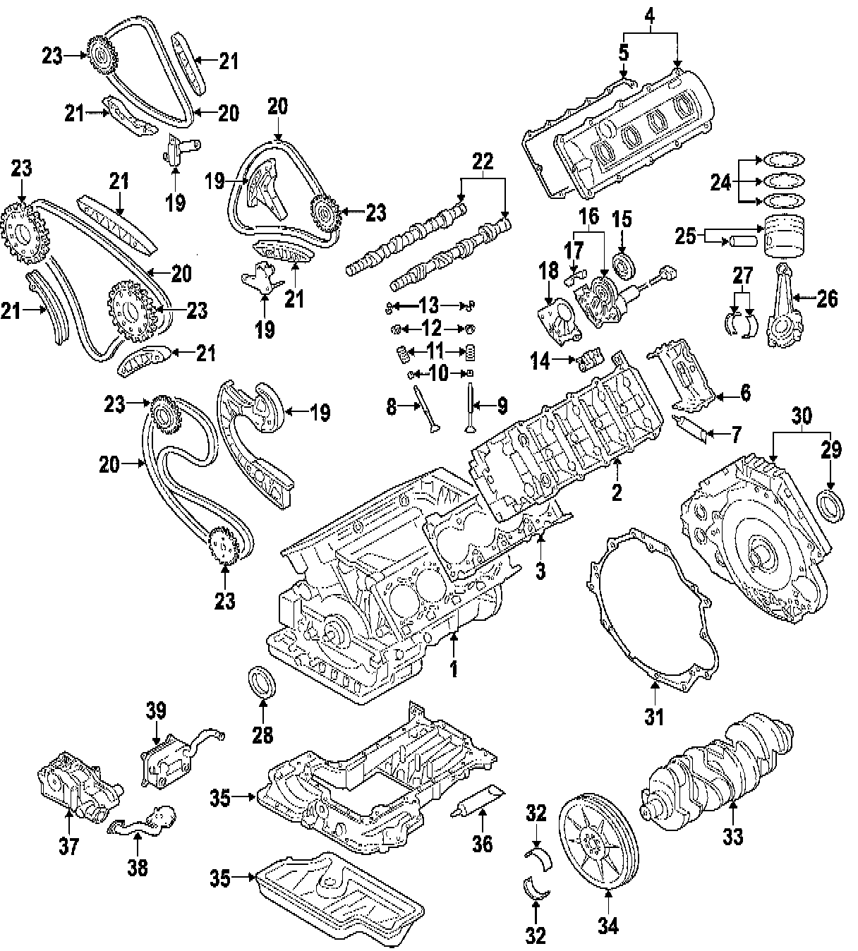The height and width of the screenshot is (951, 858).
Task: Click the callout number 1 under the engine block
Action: tap(454, 668)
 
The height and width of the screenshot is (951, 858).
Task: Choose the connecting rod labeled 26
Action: tap(783, 307)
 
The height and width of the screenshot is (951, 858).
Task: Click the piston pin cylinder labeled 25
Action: tap(742, 241)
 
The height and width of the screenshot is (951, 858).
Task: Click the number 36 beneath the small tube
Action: tap(482, 843)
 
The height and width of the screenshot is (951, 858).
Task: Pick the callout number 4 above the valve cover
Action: tap(651, 14)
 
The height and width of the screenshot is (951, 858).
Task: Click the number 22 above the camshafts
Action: tap(483, 162)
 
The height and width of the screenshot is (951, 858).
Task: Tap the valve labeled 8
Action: tap(428, 413)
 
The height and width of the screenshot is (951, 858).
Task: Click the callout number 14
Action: tap(540, 362)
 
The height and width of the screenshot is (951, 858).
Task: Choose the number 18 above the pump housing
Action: tap(548, 270)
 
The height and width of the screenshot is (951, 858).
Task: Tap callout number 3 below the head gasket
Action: tap(540, 571)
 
